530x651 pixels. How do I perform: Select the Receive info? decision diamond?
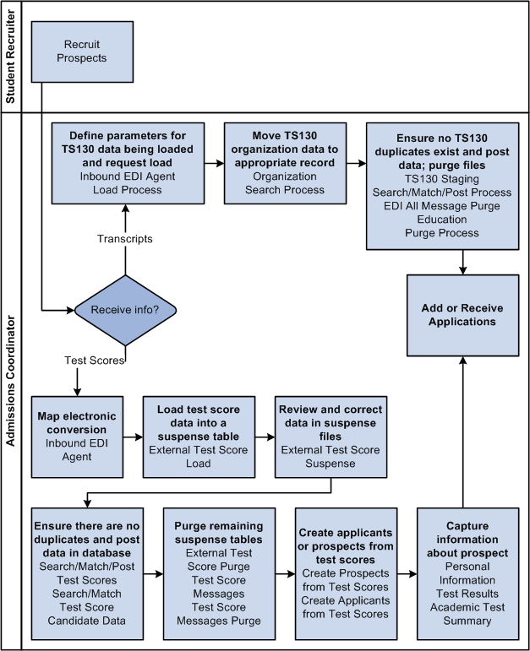(x=125, y=310)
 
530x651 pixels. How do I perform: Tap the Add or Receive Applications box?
(x=462, y=315)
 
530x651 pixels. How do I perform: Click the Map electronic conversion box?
(x=75, y=436)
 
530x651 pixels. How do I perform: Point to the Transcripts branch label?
(x=125, y=239)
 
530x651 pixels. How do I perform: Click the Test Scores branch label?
(x=95, y=360)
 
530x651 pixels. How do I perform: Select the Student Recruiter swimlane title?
(x=11, y=56)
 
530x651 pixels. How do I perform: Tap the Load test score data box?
(x=197, y=436)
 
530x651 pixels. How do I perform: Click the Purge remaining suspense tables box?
(x=219, y=567)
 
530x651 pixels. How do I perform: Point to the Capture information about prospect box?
(x=467, y=567)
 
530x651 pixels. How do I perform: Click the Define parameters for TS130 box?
(x=126, y=163)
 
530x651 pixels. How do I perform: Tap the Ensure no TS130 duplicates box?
(x=447, y=186)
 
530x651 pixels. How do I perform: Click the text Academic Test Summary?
(x=467, y=613)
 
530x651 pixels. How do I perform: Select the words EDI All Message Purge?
(x=447, y=205)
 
